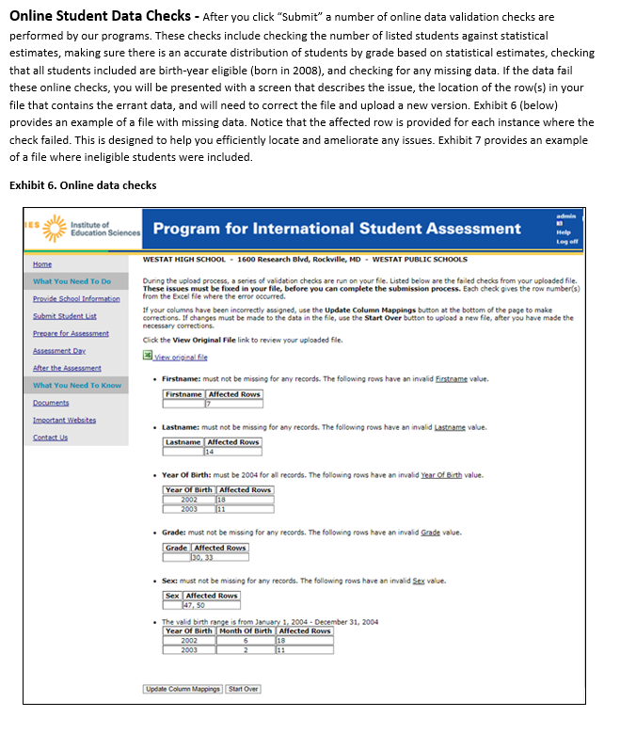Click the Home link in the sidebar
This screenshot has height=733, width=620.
click(41, 264)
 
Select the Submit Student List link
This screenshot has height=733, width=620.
click(64, 315)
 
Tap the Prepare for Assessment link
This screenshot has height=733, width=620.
click(71, 332)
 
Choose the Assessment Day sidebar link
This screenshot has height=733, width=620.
click(59, 350)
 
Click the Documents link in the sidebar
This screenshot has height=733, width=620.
click(51, 402)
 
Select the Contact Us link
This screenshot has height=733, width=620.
click(50, 437)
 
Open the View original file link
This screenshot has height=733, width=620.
click(181, 357)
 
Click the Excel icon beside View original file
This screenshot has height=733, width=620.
click(147, 356)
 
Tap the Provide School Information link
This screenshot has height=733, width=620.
click(76, 298)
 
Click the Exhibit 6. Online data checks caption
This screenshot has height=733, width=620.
click(83, 184)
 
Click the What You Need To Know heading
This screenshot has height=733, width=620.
click(77, 385)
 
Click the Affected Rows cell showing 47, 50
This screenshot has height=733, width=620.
click(211, 605)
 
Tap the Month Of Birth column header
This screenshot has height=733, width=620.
click(245, 630)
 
